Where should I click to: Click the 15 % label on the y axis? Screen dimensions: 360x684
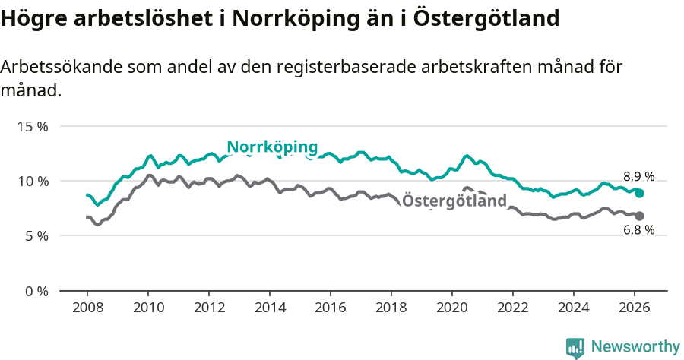point(33,126)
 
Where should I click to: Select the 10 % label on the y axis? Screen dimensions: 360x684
point(33,181)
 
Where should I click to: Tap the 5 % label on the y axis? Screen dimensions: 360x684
point(36,235)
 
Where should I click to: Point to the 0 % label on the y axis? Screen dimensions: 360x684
point(36,291)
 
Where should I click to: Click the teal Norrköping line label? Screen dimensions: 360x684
point(272,147)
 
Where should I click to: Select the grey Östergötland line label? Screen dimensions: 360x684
point(454,201)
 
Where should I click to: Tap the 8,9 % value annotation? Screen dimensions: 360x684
point(638,176)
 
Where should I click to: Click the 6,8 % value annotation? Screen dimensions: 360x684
point(638,230)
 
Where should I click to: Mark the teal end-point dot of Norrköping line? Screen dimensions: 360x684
point(640,193)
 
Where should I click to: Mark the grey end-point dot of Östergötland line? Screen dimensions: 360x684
point(640,216)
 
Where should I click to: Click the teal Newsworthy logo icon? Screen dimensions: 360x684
point(575,348)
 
